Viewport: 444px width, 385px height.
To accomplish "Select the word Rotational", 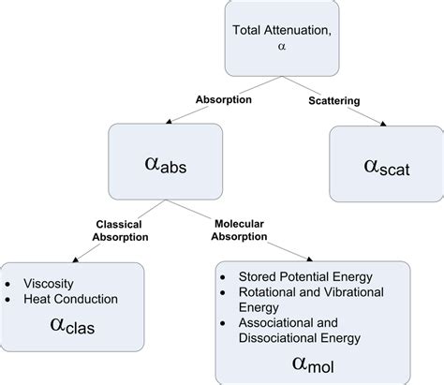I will [x=261, y=294].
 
